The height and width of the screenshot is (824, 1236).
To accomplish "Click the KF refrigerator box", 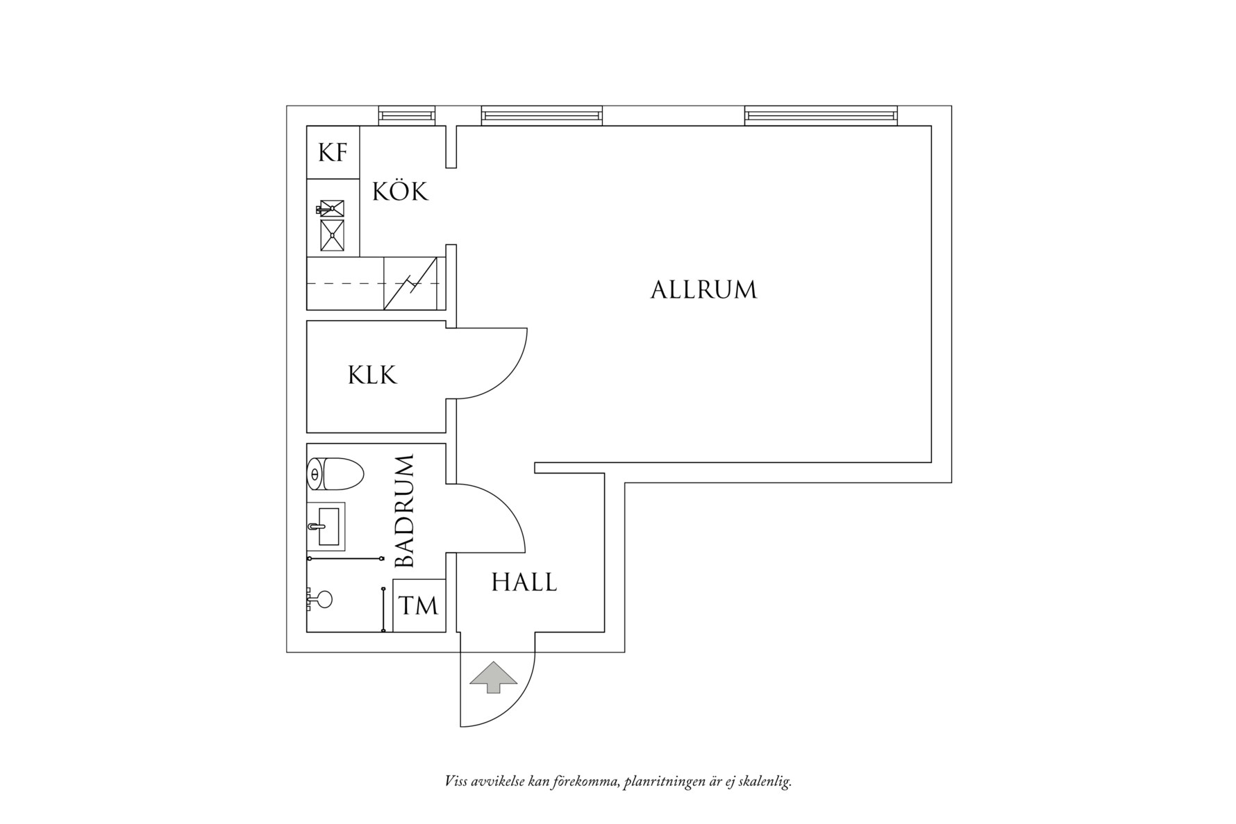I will [333, 152].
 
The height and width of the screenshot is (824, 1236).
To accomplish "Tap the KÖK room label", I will [400, 191].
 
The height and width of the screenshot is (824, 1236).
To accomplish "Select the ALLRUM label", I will [703, 289].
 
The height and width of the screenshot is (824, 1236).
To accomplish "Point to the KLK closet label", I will [372, 376].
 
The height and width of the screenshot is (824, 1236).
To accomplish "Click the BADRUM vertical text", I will [404, 512].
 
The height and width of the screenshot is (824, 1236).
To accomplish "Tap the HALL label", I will [524, 582].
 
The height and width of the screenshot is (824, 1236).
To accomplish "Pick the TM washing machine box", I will [419, 605].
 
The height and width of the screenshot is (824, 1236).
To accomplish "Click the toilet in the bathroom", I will [335, 475].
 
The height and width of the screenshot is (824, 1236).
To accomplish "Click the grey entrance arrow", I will [494, 677].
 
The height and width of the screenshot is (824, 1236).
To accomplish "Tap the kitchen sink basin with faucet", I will [331, 208].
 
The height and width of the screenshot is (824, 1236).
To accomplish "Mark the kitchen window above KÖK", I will [407, 116].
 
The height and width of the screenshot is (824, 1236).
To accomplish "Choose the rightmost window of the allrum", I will [820, 116].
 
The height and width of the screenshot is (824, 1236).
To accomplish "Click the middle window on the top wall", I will [542, 116].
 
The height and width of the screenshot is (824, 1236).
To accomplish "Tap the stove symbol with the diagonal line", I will [411, 283].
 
